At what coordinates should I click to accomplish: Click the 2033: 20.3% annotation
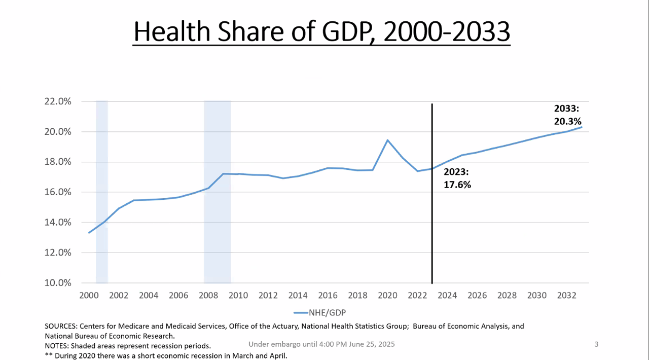pyautogui.click(x=567, y=115)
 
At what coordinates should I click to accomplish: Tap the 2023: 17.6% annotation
pyautogui.click(x=457, y=178)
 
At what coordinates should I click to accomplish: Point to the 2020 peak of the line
pyautogui.click(x=387, y=140)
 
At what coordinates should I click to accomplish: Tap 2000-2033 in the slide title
pyautogui.click(x=446, y=31)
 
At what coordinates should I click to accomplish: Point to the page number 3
pyautogui.click(x=596, y=344)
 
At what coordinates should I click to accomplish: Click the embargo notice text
pyautogui.click(x=321, y=344)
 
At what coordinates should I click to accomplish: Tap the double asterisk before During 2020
pyautogui.click(x=49, y=355)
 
